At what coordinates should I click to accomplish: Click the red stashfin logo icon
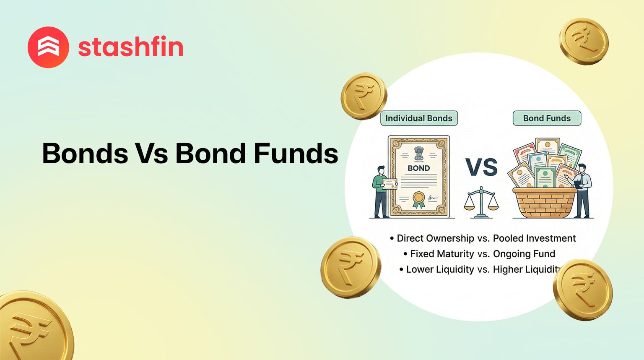pos(48,47)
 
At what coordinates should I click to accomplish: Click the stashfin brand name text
pos(131,47)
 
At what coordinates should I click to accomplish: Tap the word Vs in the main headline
pos(151,153)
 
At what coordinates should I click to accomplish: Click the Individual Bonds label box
pos(419,118)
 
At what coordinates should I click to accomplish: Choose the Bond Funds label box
pos(547,118)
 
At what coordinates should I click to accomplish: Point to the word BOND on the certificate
pos(418,168)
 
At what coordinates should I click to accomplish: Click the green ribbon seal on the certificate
pos(418,199)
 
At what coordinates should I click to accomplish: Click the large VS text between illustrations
pos(482,167)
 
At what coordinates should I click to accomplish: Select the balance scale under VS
pos(481,203)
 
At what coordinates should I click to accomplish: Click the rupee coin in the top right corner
pos(584,41)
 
